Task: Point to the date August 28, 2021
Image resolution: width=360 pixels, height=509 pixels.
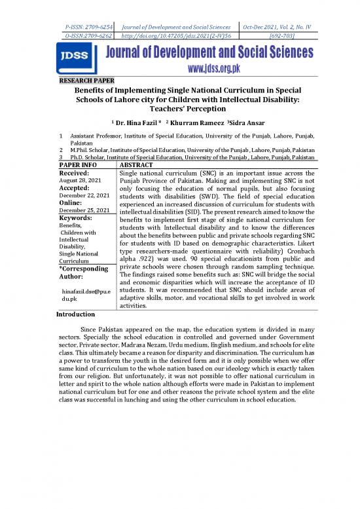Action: (x=81, y=179)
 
